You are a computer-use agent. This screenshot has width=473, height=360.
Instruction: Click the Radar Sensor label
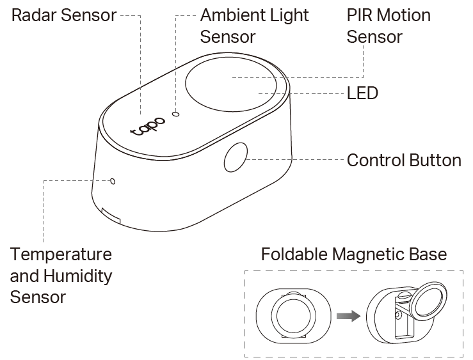pyautogui.click(x=64, y=15)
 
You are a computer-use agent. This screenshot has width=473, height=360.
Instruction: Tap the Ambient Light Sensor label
pyautogui.click(x=254, y=26)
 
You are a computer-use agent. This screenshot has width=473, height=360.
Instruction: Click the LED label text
pyautogui.click(x=362, y=93)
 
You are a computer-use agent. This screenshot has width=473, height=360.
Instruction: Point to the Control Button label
pyautogui.click(x=403, y=160)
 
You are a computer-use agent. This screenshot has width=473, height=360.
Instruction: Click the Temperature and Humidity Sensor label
pyautogui.click(x=61, y=276)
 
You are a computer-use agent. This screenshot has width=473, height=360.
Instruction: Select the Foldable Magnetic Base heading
pyautogui.click(x=354, y=254)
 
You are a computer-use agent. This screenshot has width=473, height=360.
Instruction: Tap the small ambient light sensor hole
pyautogui.click(x=177, y=114)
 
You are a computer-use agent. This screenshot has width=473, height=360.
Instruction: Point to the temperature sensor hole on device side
pyautogui.click(x=113, y=181)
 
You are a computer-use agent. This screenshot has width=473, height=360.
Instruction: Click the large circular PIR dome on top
pyautogui.click(x=233, y=84)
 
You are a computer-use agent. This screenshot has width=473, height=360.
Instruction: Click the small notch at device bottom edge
pyautogui.click(x=111, y=215)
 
